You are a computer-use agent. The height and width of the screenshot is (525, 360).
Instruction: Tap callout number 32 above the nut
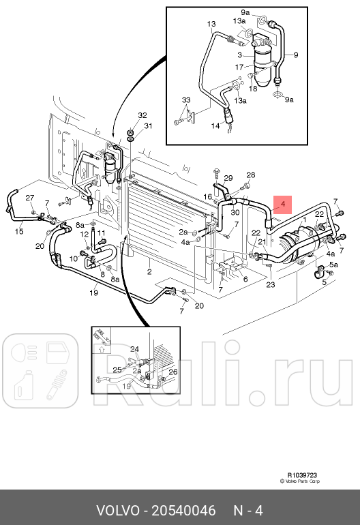(142, 115)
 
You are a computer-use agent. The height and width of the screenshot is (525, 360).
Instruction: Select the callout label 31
(148, 126)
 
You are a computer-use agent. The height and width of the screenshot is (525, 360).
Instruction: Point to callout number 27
(30, 198)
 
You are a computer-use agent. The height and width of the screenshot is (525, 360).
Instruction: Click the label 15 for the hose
(19, 232)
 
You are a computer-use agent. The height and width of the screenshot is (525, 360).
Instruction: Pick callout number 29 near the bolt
(228, 178)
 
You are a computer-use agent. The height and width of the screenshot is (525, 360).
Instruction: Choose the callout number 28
(250, 175)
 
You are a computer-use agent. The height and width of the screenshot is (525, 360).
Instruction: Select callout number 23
(270, 284)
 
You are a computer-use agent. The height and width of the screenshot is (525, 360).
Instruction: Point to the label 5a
(333, 265)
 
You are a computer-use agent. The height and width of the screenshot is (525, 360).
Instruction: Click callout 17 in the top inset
(239, 67)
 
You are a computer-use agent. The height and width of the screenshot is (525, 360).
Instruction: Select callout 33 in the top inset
(186, 100)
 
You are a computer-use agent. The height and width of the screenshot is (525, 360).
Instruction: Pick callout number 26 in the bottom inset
(172, 372)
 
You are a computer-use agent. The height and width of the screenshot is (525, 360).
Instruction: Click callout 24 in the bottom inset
(134, 349)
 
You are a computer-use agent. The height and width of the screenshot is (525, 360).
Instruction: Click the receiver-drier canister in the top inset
(262, 57)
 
